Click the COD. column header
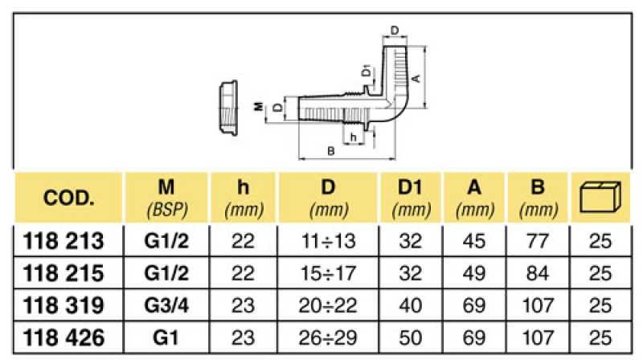(70, 198)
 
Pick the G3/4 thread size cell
(166, 305)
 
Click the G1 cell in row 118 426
(166, 337)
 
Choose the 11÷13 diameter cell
(327, 241)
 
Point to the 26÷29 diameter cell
(327, 337)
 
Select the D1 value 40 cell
(410, 305)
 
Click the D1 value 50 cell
(410, 337)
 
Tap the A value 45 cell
(474, 241)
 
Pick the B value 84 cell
(538, 273)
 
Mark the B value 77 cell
(538, 241)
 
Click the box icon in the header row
(602, 198)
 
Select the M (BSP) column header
(166, 198)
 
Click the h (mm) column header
(242, 198)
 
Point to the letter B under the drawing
(330, 151)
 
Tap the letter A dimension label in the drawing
(416, 79)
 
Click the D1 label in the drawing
(367, 72)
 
